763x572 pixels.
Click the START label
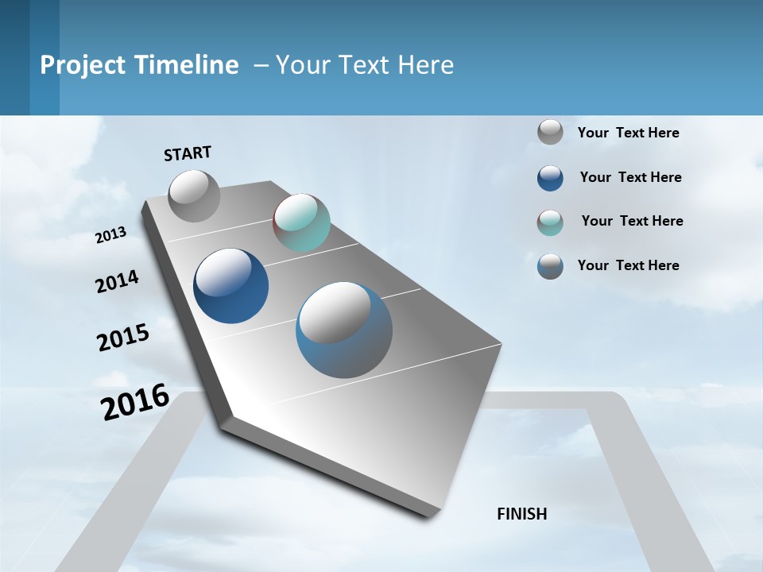(188, 153)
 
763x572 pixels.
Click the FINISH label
(522, 514)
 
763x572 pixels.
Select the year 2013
(111, 235)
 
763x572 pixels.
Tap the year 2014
(117, 282)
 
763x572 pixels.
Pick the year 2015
(123, 338)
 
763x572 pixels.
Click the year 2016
(135, 402)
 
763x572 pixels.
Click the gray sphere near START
(195, 195)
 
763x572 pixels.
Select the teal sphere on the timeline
(301, 222)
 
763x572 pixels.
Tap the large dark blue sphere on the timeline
(230, 286)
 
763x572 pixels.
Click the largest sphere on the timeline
(344, 330)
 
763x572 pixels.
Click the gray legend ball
(550, 132)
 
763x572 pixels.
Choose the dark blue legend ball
(550, 178)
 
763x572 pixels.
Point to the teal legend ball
(550, 222)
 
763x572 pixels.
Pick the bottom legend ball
(550, 266)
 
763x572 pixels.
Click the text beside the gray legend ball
(628, 133)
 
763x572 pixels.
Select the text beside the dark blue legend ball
(630, 177)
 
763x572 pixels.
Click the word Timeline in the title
(188, 65)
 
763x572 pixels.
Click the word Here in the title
(425, 65)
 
